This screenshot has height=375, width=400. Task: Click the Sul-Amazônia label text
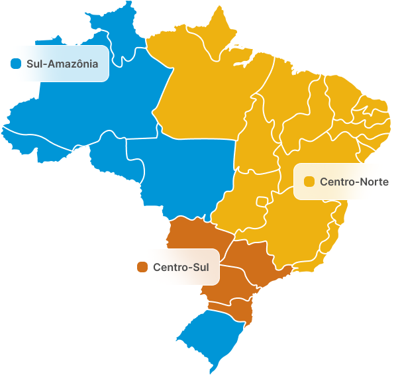62,64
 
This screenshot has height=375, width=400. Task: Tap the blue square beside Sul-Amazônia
17,64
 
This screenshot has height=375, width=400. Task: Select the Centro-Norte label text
354,182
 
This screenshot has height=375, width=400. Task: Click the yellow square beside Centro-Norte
309,182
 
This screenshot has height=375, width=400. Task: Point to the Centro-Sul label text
180,267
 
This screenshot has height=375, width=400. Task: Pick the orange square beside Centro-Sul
142,267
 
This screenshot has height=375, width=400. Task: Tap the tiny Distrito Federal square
263,200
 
